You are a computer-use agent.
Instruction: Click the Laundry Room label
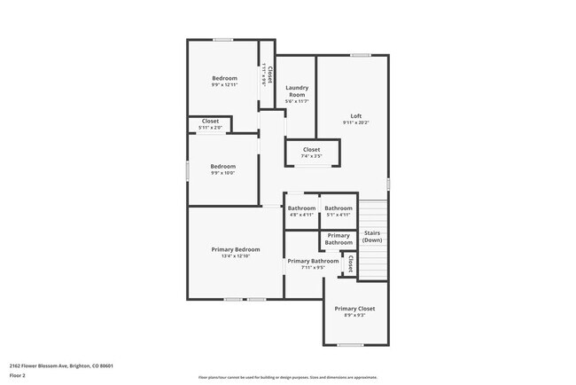point(297,90)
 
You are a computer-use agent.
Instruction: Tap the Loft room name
point(355,115)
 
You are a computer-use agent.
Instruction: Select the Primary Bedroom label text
point(235,249)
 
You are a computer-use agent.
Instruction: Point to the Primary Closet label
point(354,308)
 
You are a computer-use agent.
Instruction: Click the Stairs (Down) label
point(372,236)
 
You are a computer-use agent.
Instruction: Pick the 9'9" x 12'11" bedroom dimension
point(224,85)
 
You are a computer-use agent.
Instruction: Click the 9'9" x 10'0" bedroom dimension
point(222,173)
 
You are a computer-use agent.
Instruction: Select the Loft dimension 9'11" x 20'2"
point(355,122)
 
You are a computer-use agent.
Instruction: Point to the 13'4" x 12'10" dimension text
point(235,256)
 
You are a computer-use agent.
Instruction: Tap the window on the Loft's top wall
point(360,56)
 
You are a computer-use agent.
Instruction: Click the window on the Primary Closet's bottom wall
point(350,345)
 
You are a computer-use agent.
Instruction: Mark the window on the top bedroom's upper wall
point(222,39)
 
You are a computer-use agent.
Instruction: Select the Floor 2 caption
point(18,376)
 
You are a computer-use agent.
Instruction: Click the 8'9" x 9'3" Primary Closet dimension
point(354,315)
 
